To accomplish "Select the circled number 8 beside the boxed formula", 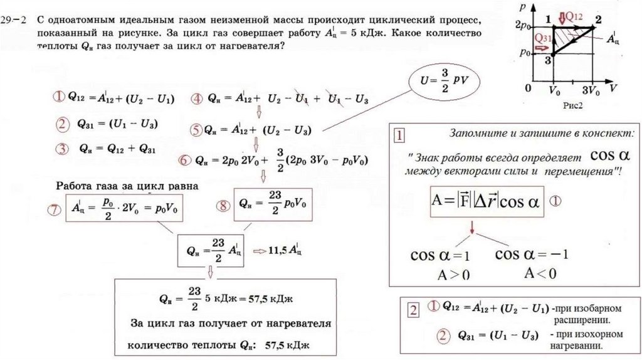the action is pyautogui.click(x=223, y=206).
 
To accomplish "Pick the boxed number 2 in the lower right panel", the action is pyautogui.click(x=413, y=310).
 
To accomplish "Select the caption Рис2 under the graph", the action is pyautogui.click(x=572, y=106).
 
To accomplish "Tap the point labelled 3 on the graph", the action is pyautogui.click(x=549, y=60).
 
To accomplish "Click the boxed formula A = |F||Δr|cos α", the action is pyautogui.click(x=485, y=201).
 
